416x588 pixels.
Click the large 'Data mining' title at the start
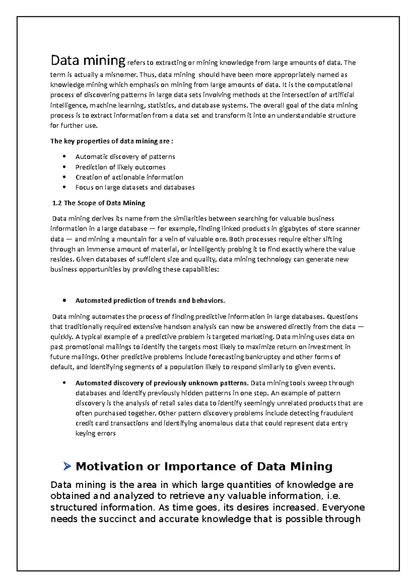coord(88,61)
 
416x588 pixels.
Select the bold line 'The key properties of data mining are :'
coord(112,141)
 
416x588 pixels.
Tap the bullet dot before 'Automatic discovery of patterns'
coord(64,157)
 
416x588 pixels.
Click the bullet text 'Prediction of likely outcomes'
coord(120,167)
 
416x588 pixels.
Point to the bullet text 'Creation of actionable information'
coord(129,177)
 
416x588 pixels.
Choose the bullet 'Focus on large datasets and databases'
coord(135,187)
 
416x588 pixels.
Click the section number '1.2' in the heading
coord(57,203)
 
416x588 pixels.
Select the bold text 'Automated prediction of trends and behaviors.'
coord(150,301)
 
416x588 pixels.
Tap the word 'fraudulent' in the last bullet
coord(337,413)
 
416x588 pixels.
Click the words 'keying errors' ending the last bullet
coord(95,433)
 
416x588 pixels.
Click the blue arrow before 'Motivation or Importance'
coord(67,466)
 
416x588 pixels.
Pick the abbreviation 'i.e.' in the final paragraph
coord(334,496)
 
